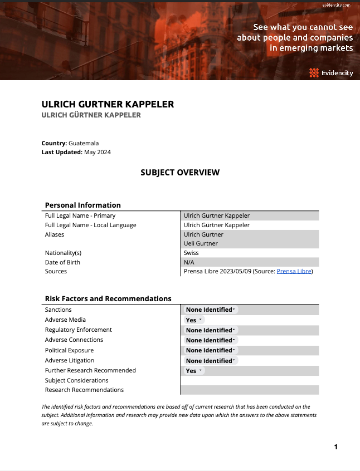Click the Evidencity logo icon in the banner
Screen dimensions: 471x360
tap(314, 72)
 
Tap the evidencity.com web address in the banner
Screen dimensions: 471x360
tap(336, 5)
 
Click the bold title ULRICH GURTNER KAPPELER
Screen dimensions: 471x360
tap(108, 104)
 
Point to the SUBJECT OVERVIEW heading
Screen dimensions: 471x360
tap(180, 173)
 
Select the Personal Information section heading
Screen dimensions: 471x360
tap(82, 205)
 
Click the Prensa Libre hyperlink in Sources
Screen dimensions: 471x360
tap(294, 272)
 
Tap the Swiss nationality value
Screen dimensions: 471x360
tap(191, 253)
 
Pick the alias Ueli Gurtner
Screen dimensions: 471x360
tap(201, 243)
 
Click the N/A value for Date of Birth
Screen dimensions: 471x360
tap(189, 262)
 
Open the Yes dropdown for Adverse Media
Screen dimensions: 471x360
tap(194, 320)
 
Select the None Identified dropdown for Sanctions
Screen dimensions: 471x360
tap(211, 310)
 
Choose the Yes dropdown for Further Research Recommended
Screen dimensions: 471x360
tap(194, 371)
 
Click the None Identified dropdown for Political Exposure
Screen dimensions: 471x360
tap(211, 350)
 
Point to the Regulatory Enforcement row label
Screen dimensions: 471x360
tap(78, 330)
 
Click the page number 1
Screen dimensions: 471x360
tap(336, 447)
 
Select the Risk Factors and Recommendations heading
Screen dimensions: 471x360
tap(108, 299)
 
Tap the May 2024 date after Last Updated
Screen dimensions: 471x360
tap(98, 152)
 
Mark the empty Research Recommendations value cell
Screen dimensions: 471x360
tap(250, 390)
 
